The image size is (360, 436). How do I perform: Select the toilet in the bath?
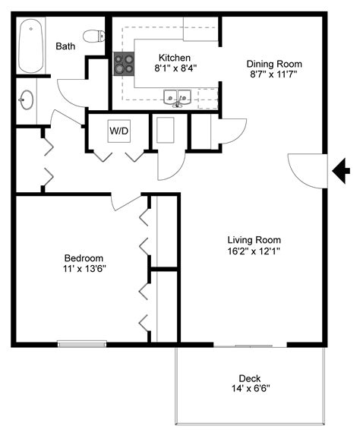pyautogui.click(x=93, y=36)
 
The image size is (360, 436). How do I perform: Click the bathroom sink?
pyautogui.click(x=27, y=100)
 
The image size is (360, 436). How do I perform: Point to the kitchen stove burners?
pyautogui.click(x=124, y=65)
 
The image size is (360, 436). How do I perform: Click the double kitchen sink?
pyautogui.click(x=176, y=97)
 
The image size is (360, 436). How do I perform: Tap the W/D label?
pyautogui.click(x=118, y=131)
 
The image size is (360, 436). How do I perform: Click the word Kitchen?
pyautogui.click(x=174, y=58)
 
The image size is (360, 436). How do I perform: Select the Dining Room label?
pyautogui.click(x=274, y=64)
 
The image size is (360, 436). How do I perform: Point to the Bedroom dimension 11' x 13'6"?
pyautogui.click(x=84, y=269)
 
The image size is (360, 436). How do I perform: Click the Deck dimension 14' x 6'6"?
pyautogui.click(x=249, y=388)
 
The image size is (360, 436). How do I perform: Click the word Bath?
pyautogui.click(x=65, y=46)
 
